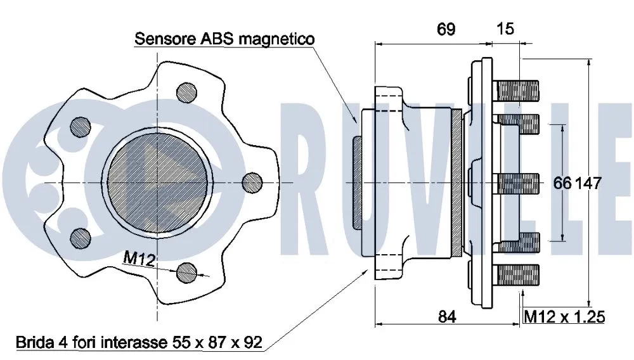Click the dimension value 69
(446, 30)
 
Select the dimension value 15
(505, 29)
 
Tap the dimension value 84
(448, 315)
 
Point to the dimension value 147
(588, 183)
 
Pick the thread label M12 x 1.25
(564, 315)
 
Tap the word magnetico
(279, 39)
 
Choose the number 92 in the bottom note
(252, 343)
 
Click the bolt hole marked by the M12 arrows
(187, 273)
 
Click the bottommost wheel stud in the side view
(517, 275)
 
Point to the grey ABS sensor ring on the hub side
(356, 183)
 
